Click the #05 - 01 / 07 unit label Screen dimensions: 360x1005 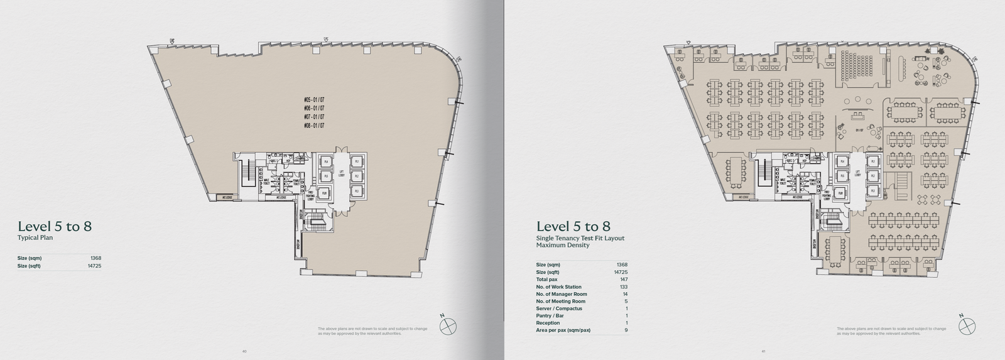pos(314,100)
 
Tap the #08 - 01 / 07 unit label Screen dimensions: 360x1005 pos(314,126)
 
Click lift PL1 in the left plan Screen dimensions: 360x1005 pos(357,161)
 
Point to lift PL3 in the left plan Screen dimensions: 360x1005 pos(357,191)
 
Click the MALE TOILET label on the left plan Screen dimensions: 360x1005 pos(266,182)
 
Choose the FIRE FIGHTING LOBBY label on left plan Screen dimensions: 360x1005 pos(310,196)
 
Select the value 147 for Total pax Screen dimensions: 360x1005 pos(623,280)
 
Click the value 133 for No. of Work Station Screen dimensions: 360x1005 pos(623,287)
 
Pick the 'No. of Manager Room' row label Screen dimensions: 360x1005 pos(562,294)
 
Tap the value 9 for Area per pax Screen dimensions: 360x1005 pos(626,330)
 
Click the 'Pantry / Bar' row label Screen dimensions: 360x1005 pos(550,316)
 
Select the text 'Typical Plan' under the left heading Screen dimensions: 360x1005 pos(35,238)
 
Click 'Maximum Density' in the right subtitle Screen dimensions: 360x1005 pos(562,245)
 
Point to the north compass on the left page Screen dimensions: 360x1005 pos(448,325)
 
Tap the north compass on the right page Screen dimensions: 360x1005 pos(967,325)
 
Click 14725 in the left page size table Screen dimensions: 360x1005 pos(94,266)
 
